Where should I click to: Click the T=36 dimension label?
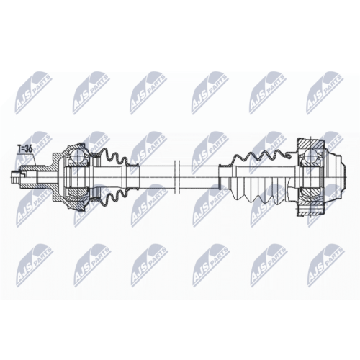tap(25, 148)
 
